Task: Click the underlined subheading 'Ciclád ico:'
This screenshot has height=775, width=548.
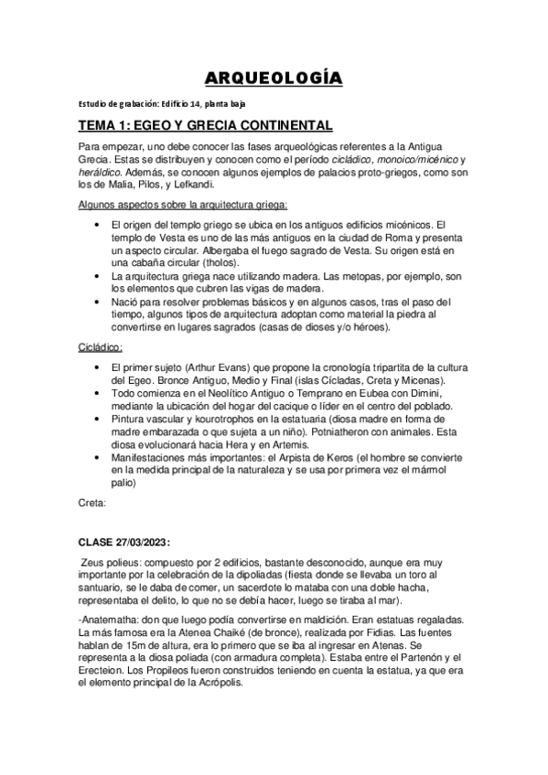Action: (x=102, y=348)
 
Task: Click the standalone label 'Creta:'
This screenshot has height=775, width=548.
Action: (x=93, y=502)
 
